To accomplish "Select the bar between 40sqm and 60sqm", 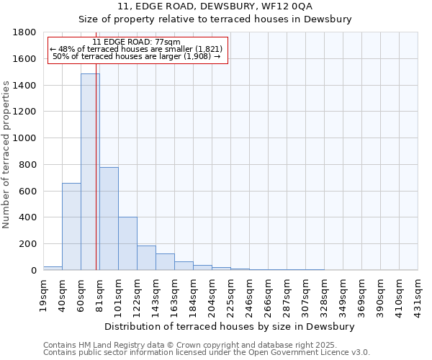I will click(71, 226).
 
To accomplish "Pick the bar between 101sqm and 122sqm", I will click(127, 243).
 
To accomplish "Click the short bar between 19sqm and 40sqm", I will click(53, 268).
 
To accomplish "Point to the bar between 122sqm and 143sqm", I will click(146, 258).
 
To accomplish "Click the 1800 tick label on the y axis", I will click(25, 32).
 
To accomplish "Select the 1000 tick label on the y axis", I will click(25, 138).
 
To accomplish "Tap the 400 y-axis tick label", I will click(28, 217).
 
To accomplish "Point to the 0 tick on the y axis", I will click(33, 270).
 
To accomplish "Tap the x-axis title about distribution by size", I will click(230, 326).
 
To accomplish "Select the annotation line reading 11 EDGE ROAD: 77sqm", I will click(137, 42).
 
